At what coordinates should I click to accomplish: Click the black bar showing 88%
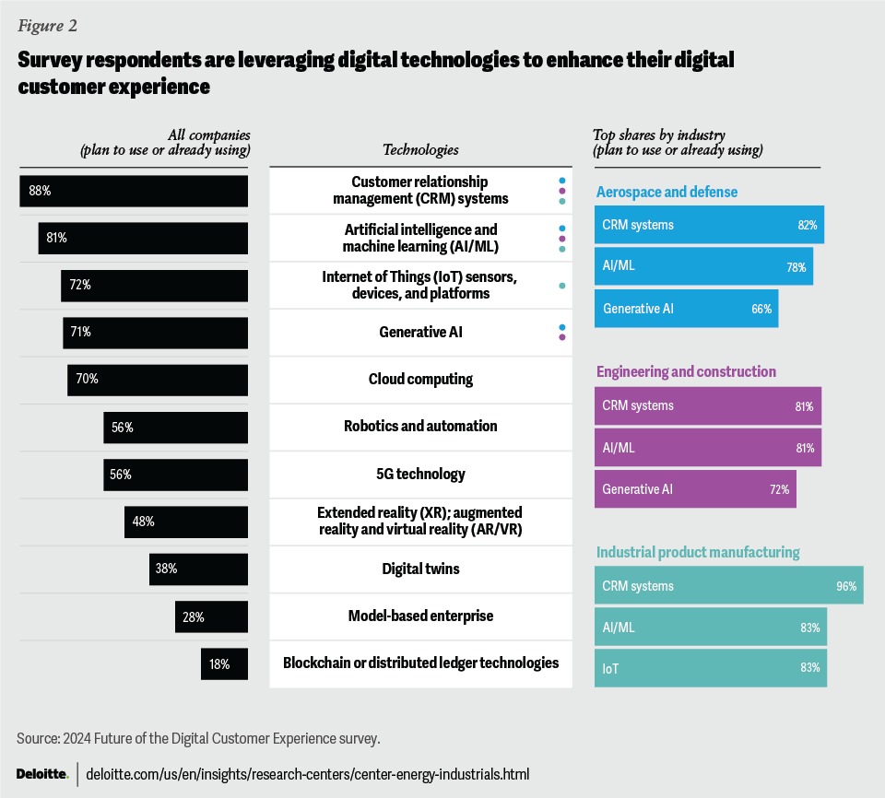coord(134,191)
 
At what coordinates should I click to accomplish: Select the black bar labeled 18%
coord(224,663)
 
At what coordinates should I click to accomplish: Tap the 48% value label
coord(143,522)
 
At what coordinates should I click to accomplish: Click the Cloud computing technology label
coord(420,379)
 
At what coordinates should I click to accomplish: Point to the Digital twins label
coord(420,569)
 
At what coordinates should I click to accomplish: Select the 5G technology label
coord(420,474)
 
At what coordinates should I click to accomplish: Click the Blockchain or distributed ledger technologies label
coord(420,663)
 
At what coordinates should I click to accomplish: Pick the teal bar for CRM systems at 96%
coord(729,585)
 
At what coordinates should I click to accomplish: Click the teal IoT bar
coord(711,668)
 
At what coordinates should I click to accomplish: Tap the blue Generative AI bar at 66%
coord(687,309)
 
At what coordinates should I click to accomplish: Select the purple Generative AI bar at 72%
coord(696,489)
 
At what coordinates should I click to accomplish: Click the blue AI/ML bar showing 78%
coord(704,266)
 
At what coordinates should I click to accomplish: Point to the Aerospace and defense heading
coord(667,192)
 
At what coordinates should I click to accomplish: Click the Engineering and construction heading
coord(686,371)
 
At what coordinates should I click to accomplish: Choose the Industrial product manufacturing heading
coord(698,552)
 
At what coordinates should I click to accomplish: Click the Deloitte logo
coord(41,773)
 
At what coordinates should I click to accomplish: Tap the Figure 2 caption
coord(48,26)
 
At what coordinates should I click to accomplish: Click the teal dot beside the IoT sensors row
coord(561,286)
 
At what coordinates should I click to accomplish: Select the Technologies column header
coord(420,149)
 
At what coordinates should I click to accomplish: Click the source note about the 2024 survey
coord(198,738)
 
